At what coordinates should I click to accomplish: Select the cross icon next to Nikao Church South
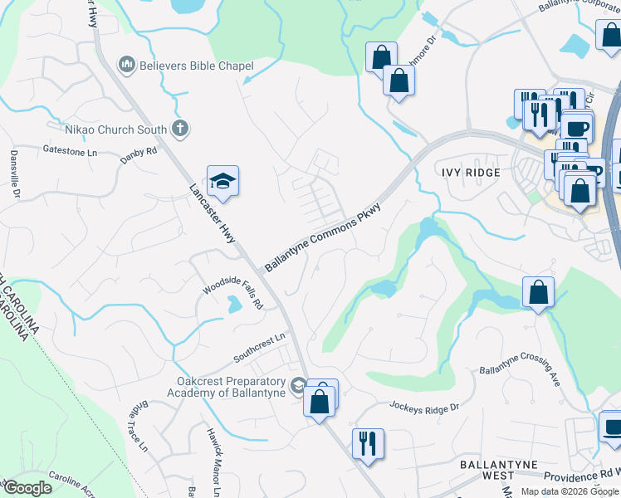click(x=178, y=129)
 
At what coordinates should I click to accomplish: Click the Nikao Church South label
click(x=116, y=129)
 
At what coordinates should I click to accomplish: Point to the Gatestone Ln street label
click(x=70, y=150)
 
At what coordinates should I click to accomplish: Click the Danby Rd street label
click(x=139, y=152)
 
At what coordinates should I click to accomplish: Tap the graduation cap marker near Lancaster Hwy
click(x=222, y=180)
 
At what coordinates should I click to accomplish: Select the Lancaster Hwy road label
click(x=213, y=214)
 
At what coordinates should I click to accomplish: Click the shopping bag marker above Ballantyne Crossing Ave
click(x=538, y=292)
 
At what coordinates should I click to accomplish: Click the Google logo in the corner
click(x=27, y=488)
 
